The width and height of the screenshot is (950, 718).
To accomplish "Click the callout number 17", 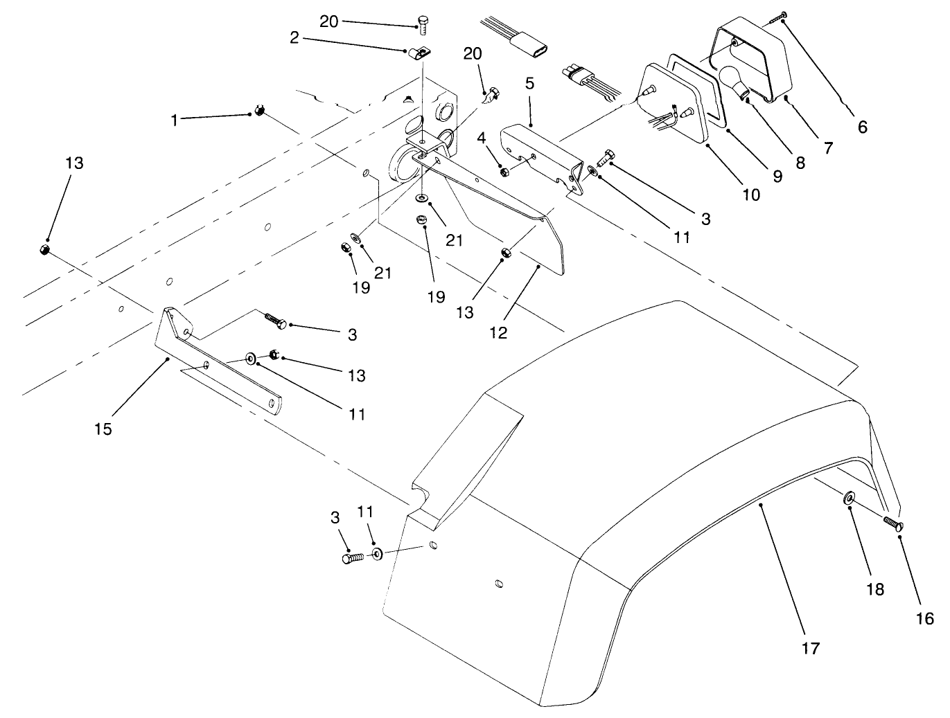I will click(810, 649).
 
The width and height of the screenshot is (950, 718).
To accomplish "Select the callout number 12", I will click(498, 333).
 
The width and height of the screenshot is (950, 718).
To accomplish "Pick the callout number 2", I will click(294, 38).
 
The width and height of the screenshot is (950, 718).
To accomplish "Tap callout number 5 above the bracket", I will click(529, 84).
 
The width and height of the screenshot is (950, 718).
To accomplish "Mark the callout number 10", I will click(751, 195).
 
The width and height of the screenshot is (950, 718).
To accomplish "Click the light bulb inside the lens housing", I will click(731, 80).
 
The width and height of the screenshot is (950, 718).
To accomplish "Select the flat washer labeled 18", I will click(848, 499).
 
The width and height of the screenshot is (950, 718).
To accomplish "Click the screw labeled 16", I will click(893, 524).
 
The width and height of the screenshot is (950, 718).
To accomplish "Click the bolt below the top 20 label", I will click(422, 24).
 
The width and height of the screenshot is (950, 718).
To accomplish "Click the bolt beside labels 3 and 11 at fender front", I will click(352, 558).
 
